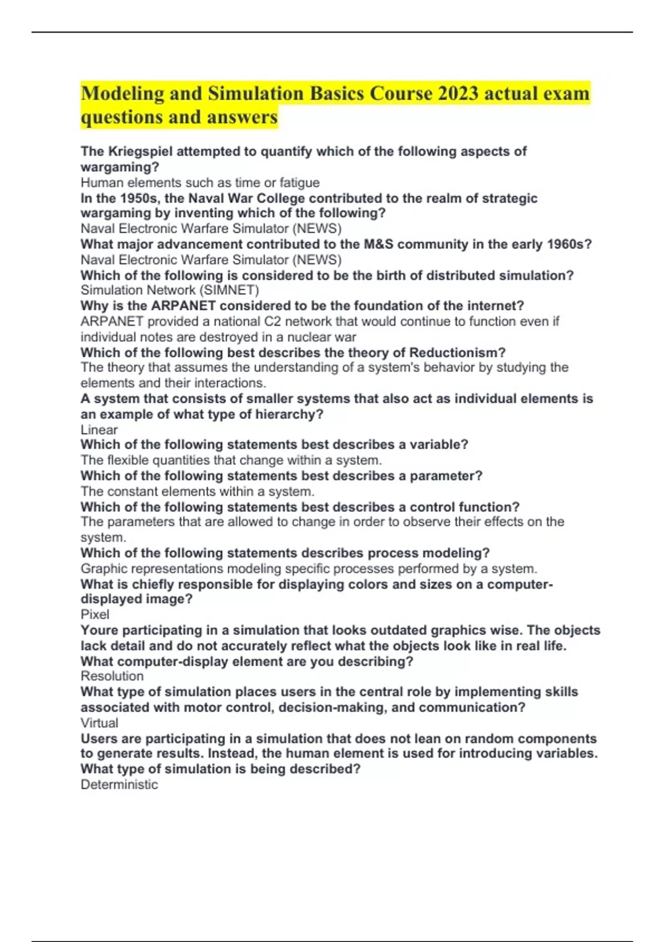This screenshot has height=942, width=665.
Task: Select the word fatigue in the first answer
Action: pyautogui.click(x=299, y=182)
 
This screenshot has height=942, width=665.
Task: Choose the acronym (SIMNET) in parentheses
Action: pyautogui.click(x=232, y=290)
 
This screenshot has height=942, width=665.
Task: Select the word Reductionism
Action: pyautogui.click(x=457, y=352)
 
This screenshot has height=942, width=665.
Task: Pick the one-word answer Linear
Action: pyautogui.click(x=99, y=429)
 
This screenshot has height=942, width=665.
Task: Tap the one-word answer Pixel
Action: pyautogui.click(x=95, y=614)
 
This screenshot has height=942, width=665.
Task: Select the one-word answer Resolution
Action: pyautogui.click(x=112, y=676)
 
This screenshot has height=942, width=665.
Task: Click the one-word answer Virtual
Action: pyautogui.click(x=100, y=723)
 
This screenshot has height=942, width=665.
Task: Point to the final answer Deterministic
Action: pyautogui.click(x=119, y=784)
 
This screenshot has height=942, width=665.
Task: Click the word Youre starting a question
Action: pyautogui.click(x=99, y=630)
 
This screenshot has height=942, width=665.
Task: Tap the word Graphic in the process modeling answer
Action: pyautogui.click(x=102, y=569)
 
